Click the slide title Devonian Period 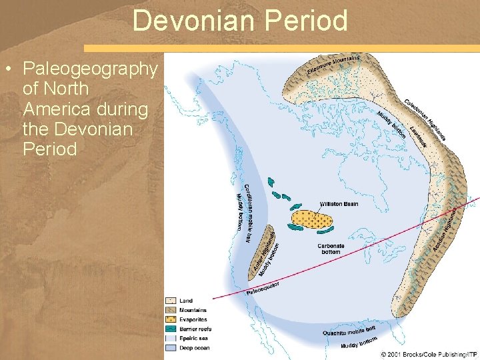[240, 21]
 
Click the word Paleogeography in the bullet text [90, 69]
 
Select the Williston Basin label [339, 204]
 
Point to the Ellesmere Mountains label [333, 65]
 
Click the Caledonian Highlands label [425, 119]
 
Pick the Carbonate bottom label [331, 249]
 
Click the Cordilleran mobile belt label [247, 212]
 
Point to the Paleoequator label [263, 289]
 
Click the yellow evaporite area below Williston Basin [311, 219]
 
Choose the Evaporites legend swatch [171, 319]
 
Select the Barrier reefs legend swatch [171, 329]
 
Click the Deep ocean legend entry [193, 347]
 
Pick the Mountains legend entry [192, 310]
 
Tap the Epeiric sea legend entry [193, 338]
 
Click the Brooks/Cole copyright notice [429, 353]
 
